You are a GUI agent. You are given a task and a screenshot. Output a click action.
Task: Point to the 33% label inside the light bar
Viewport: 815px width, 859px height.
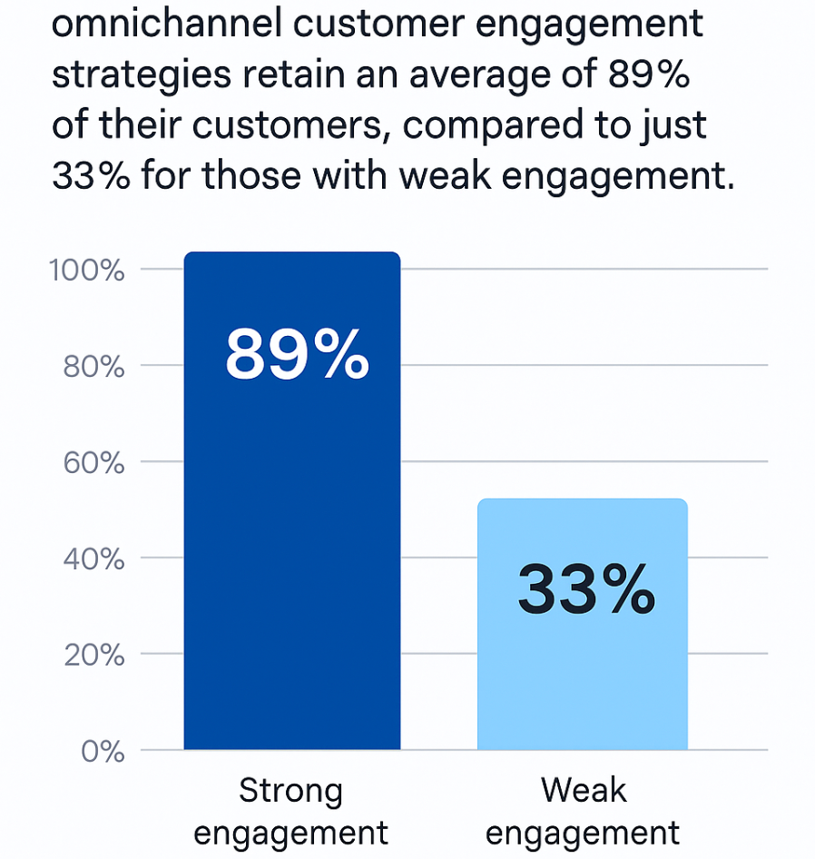(585, 590)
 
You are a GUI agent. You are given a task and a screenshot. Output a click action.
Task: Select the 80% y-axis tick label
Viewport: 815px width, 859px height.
(94, 366)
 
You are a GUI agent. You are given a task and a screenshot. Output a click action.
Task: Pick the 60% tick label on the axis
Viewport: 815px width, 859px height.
(94, 462)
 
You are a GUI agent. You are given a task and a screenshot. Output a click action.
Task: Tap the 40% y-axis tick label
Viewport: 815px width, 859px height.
(94, 558)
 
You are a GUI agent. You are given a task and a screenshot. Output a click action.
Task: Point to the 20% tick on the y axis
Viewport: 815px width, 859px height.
(94, 655)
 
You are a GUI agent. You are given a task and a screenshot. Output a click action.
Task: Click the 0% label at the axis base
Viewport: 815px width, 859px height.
(103, 751)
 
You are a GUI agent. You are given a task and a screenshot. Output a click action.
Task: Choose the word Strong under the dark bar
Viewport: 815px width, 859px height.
(291, 792)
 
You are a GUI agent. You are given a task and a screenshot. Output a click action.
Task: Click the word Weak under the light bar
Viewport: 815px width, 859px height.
(584, 790)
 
